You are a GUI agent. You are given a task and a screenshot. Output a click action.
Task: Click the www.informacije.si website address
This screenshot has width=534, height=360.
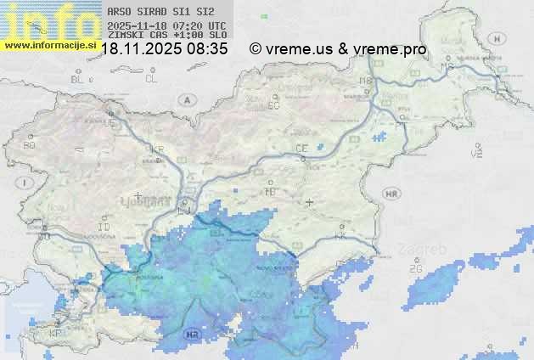(x=50, y=45)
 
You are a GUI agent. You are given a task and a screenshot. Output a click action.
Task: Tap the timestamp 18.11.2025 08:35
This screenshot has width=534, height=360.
(x=165, y=49)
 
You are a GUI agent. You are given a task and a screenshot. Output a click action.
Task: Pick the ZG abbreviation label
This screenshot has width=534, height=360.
(x=416, y=269)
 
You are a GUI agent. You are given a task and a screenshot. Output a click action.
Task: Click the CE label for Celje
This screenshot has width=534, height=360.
(x=301, y=149)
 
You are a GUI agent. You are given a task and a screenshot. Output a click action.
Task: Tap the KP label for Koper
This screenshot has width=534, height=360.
(x=56, y=334)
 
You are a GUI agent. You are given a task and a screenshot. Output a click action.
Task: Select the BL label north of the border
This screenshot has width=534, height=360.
(x=78, y=79)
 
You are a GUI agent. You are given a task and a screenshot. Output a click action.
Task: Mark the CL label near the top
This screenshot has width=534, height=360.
(x=151, y=79)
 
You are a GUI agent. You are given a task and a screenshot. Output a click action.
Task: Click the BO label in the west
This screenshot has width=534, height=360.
(x=30, y=145)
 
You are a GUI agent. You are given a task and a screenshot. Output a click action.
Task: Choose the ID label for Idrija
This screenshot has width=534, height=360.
(x=104, y=228)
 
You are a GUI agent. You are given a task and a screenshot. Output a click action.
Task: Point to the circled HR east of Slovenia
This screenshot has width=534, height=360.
(x=391, y=194)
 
